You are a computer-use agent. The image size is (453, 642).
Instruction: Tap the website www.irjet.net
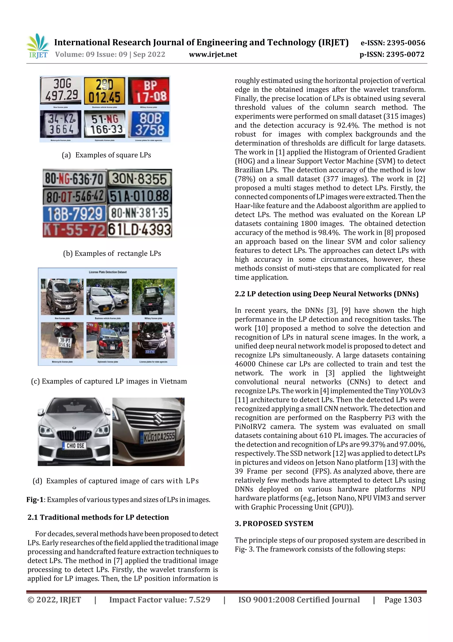pyautogui.click(x=213, y=55)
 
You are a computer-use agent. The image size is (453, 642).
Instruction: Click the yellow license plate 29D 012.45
pyautogui.click(x=105, y=91)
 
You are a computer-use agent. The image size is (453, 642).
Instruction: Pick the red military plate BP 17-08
pyautogui.click(x=149, y=91)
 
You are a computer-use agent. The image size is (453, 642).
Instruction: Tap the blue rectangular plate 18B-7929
pyautogui.click(x=75, y=214)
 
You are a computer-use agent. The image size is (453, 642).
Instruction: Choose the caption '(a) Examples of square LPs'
pyautogui.click(x=106, y=155)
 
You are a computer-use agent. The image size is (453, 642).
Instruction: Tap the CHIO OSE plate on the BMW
pyautogui.click(x=75, y=446)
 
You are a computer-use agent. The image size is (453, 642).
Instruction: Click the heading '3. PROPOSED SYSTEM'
pyautogui.click(x=274, y=524)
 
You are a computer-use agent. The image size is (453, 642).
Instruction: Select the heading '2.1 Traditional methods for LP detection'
pyautogui.click(x=98, y=517)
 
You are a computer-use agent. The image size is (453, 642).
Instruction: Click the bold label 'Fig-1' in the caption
pyautogui.click(x=35, y=500)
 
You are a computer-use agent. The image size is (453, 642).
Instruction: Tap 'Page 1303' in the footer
pyautogui.click(x=403, y=600)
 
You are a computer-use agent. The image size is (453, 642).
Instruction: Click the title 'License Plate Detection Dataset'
pyautogui.click(x=108, y=272)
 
